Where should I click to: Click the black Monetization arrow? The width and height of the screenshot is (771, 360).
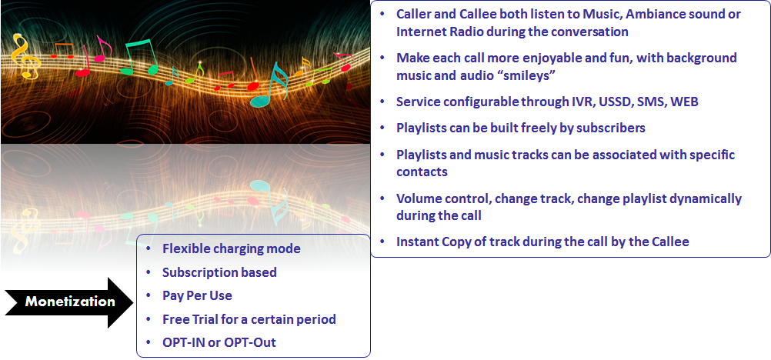click(68, 302)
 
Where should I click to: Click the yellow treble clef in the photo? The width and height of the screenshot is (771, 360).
click(25, 56)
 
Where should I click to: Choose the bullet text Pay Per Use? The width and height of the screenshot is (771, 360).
click(197, 295)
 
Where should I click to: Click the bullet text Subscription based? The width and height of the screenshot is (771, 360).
click(220, 272)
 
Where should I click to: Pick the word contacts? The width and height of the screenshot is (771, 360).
click(422, 172)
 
